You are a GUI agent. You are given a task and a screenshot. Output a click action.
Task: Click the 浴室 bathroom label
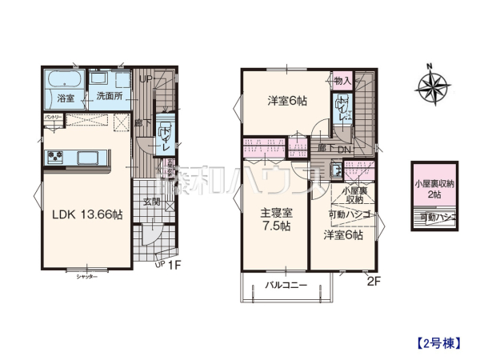(x=65, y=98)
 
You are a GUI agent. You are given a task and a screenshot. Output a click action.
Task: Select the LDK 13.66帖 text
(x=87, y=214)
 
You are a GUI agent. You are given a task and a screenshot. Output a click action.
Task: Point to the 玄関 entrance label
(x=153, y=203)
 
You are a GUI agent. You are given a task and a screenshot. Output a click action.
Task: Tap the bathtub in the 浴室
(x=62, y=80)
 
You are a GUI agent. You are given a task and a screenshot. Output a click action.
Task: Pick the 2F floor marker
(x=372, y=279)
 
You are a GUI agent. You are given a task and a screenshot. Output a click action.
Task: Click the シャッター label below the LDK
(x=87, y=276)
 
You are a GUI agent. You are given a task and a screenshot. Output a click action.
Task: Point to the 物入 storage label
(x=342, y=81)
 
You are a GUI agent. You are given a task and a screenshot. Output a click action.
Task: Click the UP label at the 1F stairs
(x=145, y=78)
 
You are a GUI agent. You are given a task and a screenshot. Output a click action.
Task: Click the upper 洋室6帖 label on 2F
(x=286, y=101)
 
